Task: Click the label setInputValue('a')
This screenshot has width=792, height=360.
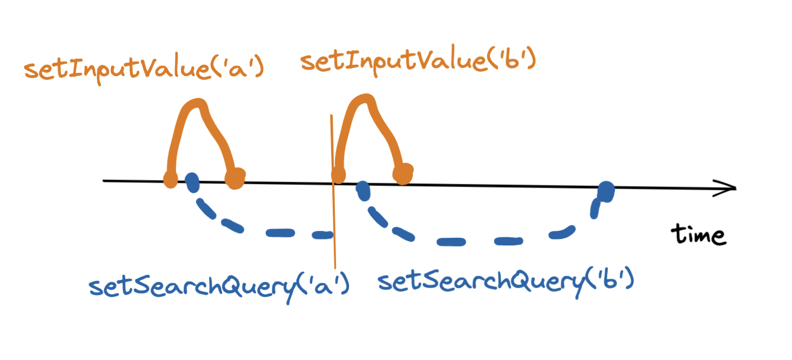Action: (143, 69)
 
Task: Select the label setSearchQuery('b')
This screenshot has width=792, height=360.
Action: (505, 281)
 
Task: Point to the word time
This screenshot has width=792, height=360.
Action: (697, 235)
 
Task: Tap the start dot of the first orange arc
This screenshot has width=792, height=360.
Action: (170, 178)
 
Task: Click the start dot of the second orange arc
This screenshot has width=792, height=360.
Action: (338, 175)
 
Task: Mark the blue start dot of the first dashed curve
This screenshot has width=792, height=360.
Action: (192, 183)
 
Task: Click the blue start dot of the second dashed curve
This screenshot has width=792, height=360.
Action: (363, 190)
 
